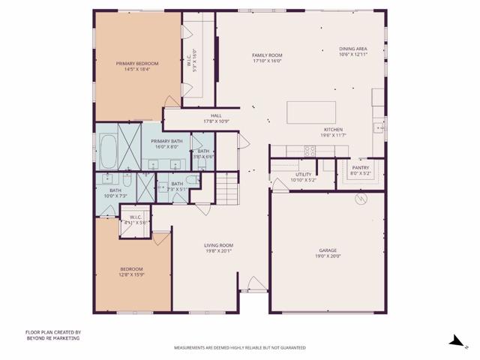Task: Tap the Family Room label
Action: [x=266, y=55]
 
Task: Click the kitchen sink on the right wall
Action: [x=380, y=127]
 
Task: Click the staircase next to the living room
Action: [x=226, y=188]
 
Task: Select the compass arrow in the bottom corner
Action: [x=455, y=340]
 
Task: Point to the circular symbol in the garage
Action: [x=360, y=199]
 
